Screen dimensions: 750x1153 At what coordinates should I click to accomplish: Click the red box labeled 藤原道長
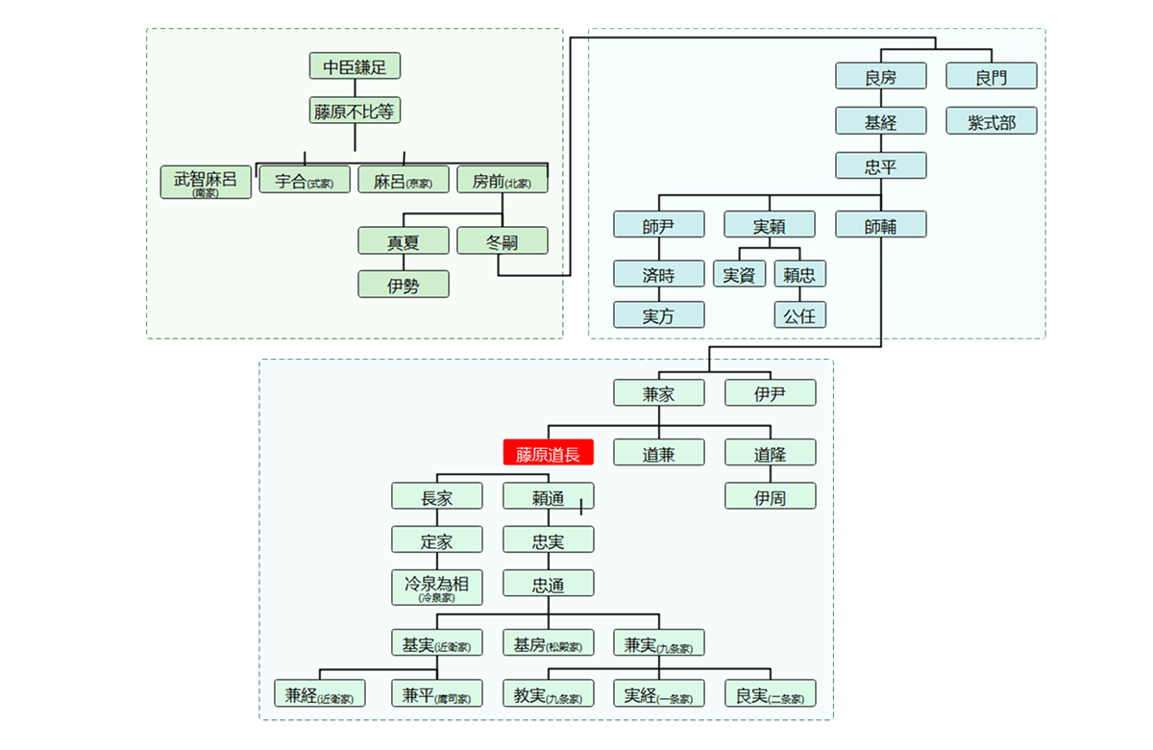(548, 452)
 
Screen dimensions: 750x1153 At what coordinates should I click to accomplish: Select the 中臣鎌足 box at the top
(355, 66)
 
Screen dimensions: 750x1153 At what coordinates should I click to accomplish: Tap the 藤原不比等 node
(355, 111)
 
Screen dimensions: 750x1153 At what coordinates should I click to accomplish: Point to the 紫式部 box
(992, 121)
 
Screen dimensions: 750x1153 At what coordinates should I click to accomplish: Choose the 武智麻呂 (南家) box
(206, 183)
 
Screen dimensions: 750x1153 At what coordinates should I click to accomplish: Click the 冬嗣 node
(503, 241)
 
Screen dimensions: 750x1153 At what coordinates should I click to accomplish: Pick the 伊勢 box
(404, 285)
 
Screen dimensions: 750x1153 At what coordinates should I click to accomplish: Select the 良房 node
(880, 77)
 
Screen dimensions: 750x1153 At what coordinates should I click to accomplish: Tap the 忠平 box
(880, 166)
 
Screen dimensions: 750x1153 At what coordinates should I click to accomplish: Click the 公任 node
(800, 314)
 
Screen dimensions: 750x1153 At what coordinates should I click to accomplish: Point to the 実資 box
(739, 274)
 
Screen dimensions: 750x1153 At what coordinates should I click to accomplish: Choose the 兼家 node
(659, 393)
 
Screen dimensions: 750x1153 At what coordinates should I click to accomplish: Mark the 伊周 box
(770, 496)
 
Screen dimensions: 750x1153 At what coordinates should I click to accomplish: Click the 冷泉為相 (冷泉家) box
(436, 587)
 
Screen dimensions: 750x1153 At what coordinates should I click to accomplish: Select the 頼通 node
(548, 496)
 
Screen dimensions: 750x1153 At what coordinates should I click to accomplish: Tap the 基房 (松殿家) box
(548, 643)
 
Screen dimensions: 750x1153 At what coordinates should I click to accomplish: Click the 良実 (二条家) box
(770, 694)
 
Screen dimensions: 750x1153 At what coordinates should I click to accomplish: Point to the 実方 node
(659, 314)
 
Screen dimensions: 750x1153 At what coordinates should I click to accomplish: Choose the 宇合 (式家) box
(305, 180)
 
